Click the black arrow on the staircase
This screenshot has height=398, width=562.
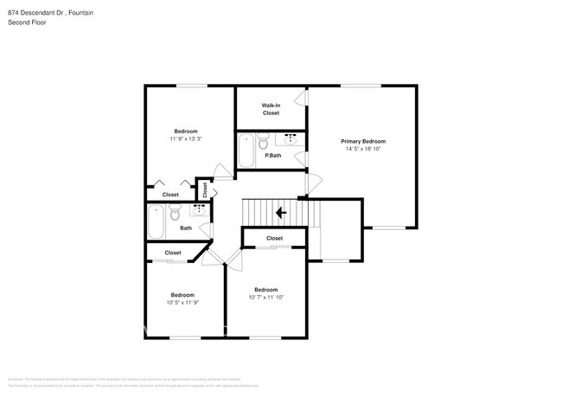tap(280, 212)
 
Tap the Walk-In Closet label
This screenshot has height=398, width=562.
tap(271, 109)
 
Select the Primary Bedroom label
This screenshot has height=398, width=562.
tap(362, 141)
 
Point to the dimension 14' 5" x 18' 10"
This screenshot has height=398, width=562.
tap(362, 149)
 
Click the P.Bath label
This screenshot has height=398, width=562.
tap(272, 155)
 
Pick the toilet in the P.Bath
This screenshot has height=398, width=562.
tap(264, 140)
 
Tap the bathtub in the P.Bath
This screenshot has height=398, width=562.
tap(246, 151)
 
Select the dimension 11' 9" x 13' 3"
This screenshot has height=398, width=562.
tap(186, 139)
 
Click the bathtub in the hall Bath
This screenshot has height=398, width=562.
tap(156, 221)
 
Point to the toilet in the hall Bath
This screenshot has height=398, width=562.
tap(174, 213)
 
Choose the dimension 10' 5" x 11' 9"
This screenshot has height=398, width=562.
tap(182, 302)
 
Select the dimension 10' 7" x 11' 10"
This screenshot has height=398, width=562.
tap(265, 297)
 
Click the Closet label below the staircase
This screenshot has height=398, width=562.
tap(274, 238)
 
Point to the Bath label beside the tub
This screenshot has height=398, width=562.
tap(186, 228)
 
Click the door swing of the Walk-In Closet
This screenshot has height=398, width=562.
tap(305, 100)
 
